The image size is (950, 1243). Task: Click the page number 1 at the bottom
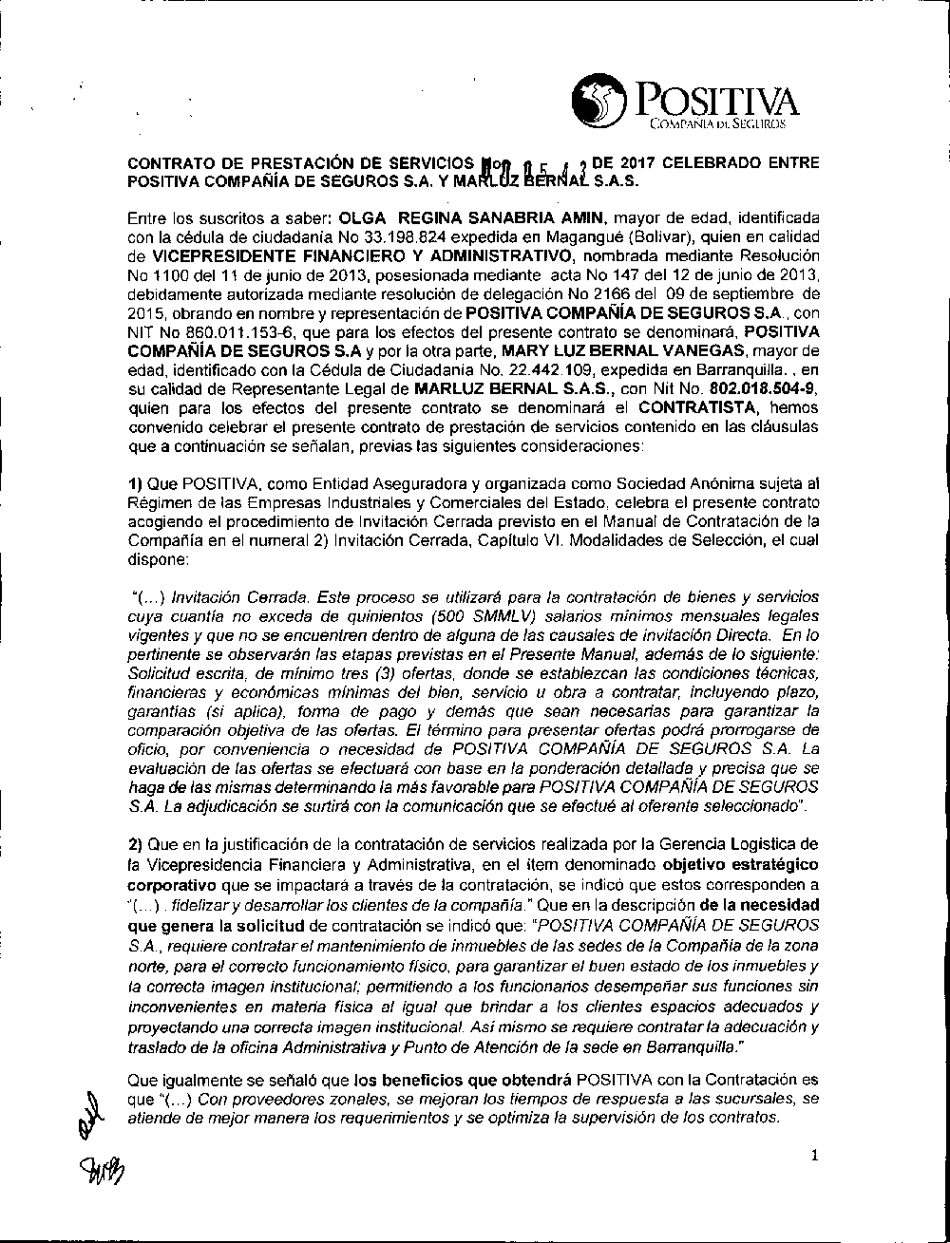click(815, 1155)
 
